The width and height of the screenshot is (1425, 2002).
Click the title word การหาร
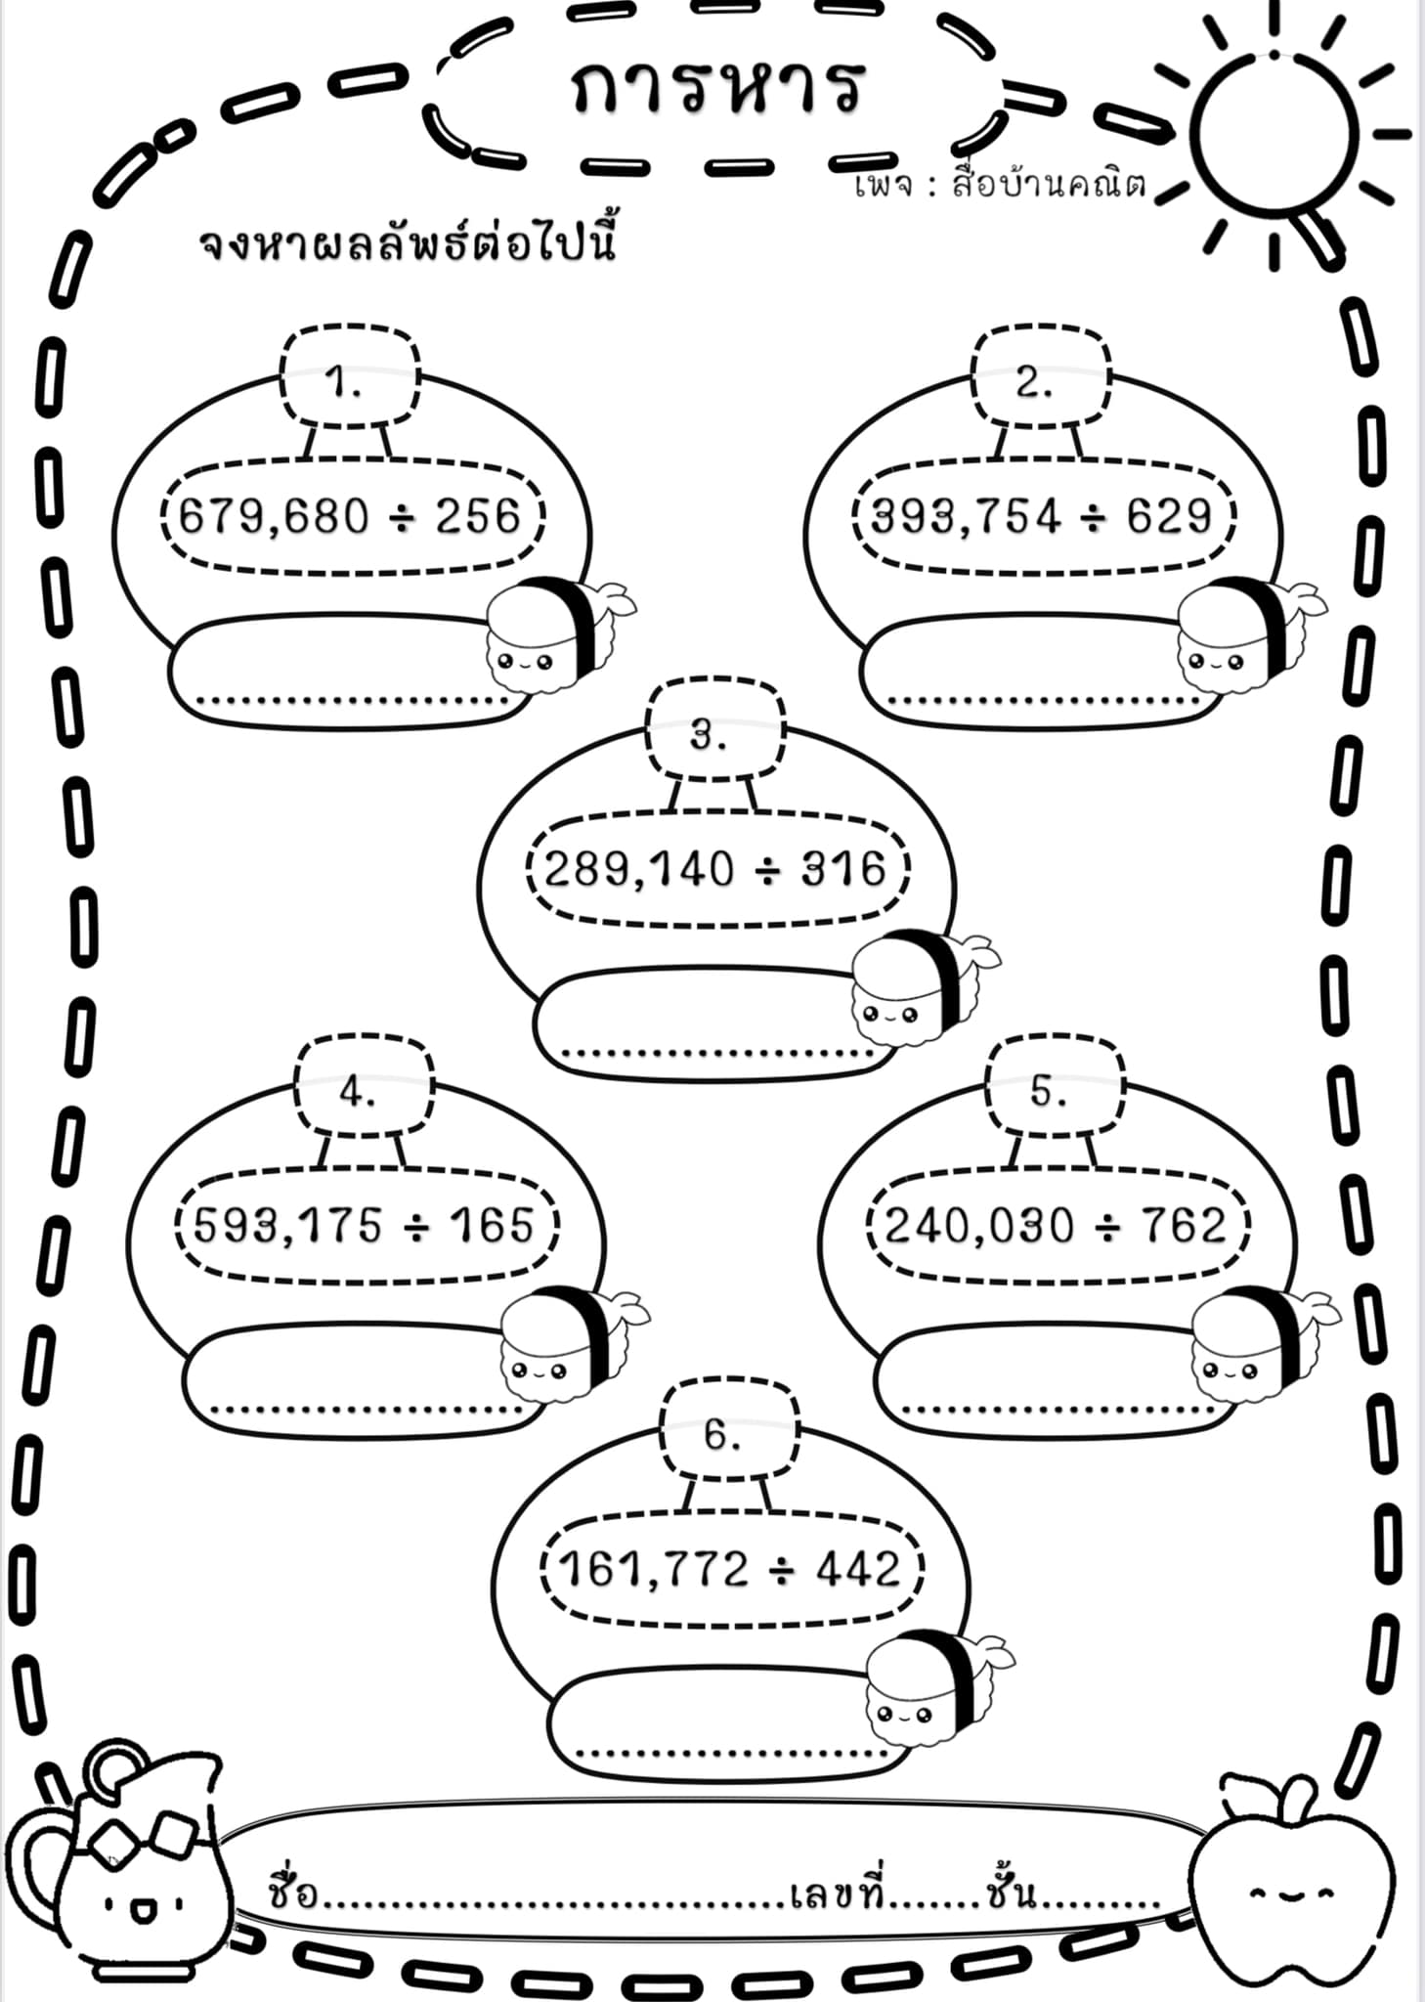point(717,85)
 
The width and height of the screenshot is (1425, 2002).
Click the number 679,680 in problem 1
point(275,517)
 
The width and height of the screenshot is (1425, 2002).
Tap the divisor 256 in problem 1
point(478,515)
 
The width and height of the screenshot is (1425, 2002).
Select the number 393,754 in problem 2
point(966,517)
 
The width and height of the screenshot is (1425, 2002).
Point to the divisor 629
point(1169,515)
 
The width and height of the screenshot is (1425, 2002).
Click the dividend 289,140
point(639,869)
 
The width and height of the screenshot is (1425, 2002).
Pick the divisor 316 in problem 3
point(843,867)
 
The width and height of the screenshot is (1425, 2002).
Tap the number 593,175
point(288,1226)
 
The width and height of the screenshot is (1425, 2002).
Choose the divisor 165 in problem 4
point(492,1224)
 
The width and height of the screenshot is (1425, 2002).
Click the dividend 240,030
point(979,1226)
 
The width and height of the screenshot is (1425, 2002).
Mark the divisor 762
point(1183,1224)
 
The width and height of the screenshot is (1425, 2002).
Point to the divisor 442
point(858,1568)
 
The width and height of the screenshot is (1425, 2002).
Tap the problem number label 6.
point(722,1434)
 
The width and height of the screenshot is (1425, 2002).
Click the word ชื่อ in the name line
point(293,1892)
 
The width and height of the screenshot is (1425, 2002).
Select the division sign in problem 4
point(416,1227)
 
